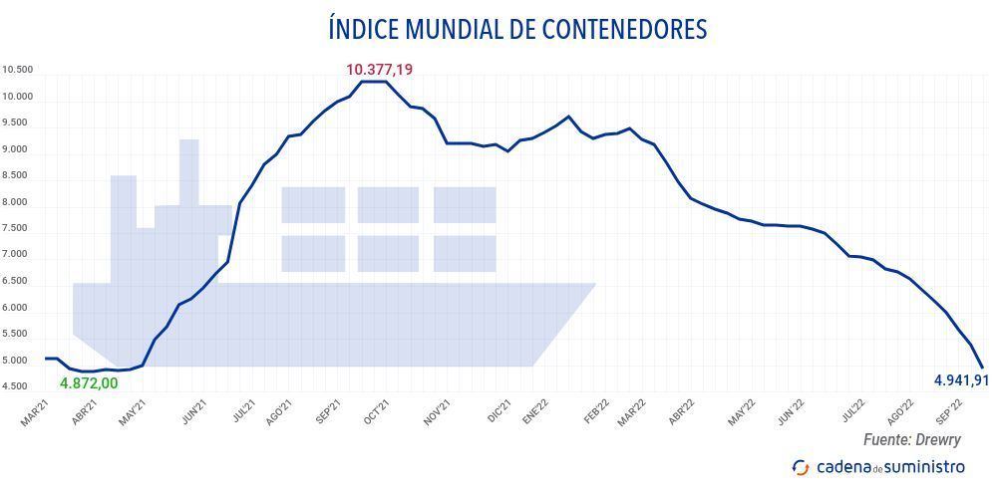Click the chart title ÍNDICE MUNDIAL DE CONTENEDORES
coord(516,29)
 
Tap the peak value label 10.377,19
coord(379,69)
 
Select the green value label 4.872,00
coord(89,383)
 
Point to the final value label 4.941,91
coord(960,379)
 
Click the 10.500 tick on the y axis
coord(18,70)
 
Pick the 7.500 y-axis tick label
coord(18,229)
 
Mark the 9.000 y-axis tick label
coord(18,149)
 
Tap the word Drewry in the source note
coord(940,439)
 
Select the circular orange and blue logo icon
coord(800,467)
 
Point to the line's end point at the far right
coord(982,367)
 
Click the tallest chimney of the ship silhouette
coord(189,169)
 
